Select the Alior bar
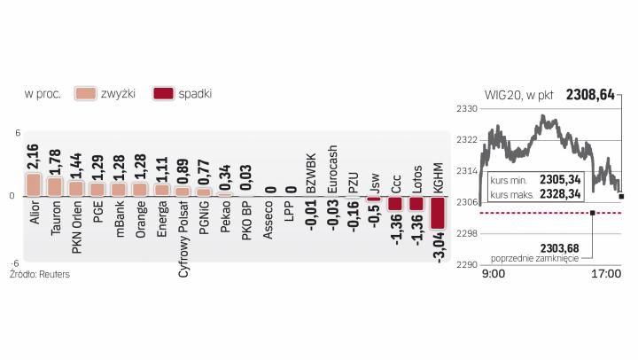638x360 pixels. click(x=34, y=184)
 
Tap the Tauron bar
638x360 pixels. click(x=55, y=186)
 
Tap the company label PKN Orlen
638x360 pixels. click(x=76, y=227)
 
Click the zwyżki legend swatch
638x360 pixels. click(x=86, y=93)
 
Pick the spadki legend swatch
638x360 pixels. click(x=163, y=93)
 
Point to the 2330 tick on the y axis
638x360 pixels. click(x=466, y=108)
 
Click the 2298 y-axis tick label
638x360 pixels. click(x=466, y=233)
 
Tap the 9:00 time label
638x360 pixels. click(x=494, y=274)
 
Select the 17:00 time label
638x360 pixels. click(x=607, y=274)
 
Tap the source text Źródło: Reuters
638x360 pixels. click(x=40, y=275)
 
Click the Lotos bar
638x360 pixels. click(x=416, y=203)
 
